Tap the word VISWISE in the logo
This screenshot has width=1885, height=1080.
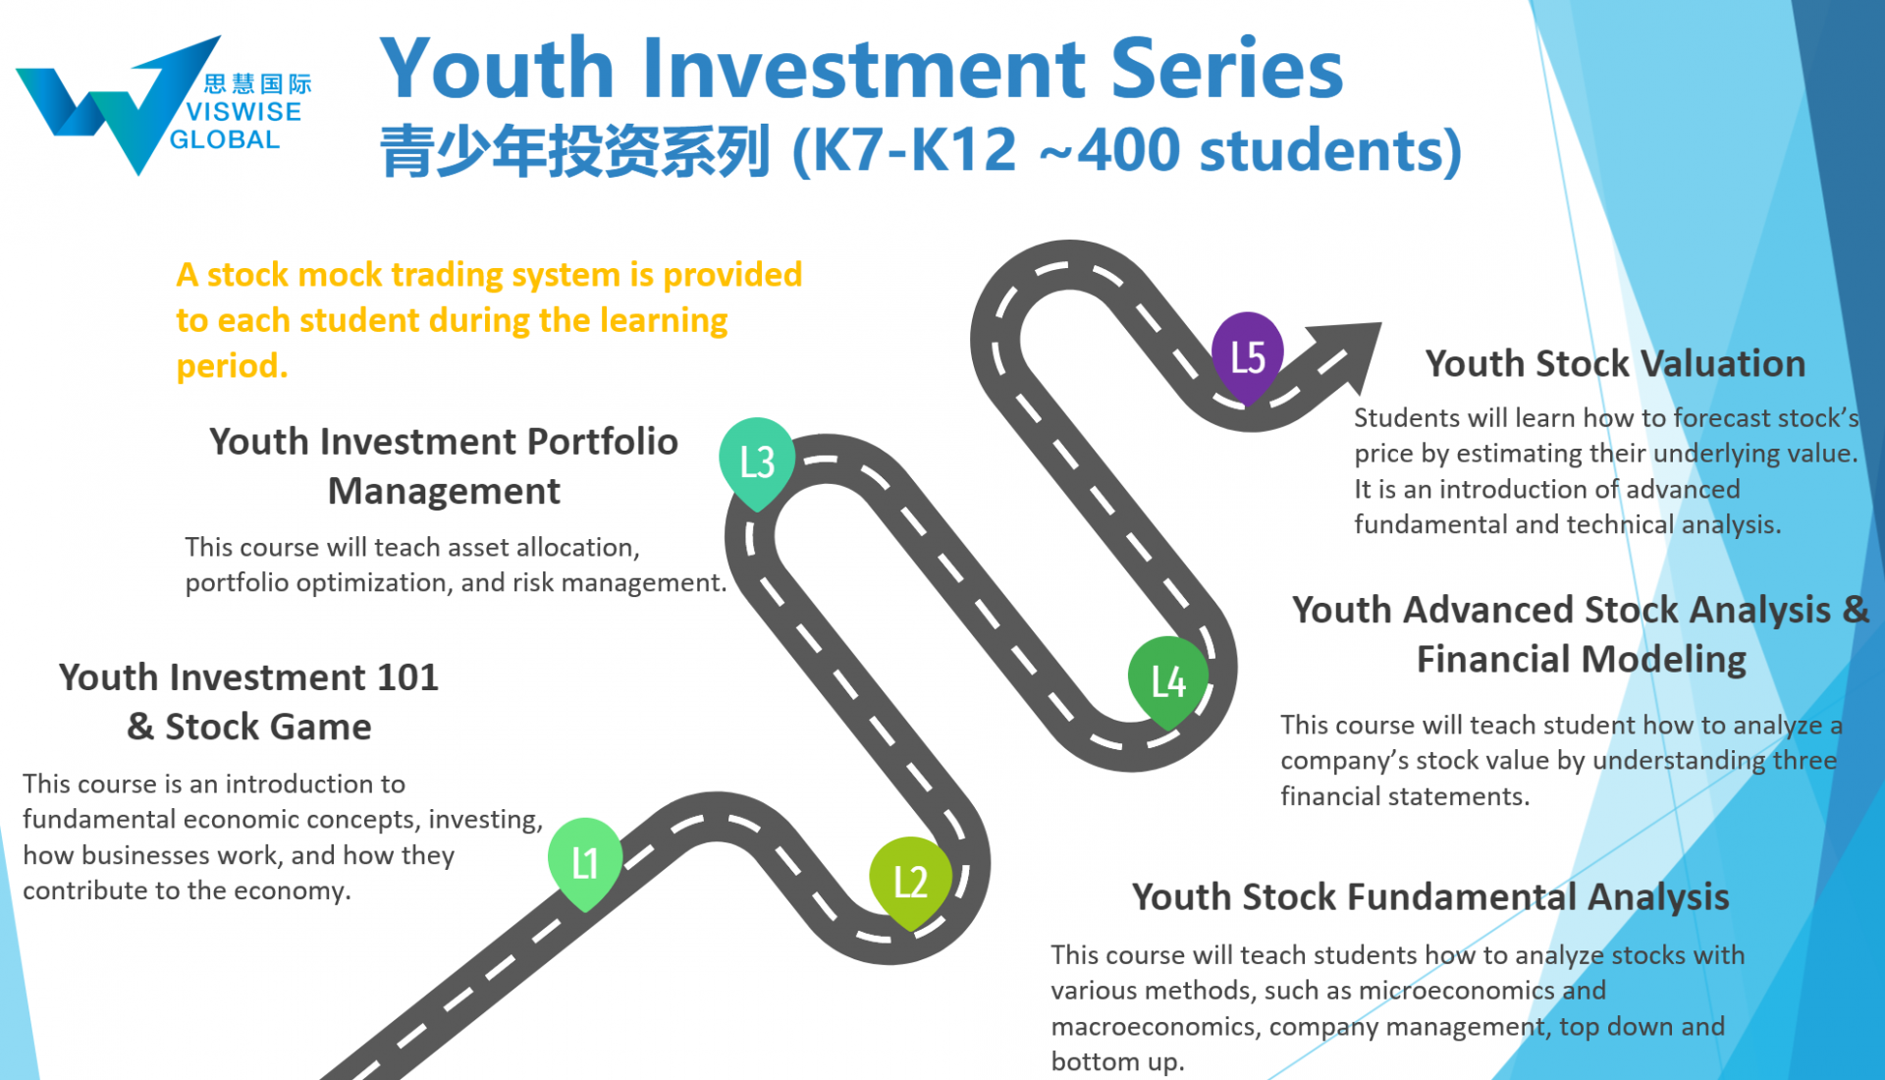click(243, 112)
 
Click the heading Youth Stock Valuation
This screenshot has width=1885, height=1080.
click(1615, 363)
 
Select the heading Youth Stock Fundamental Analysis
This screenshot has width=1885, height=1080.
click(1430, 896)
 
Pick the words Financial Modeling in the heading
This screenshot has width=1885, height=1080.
click(1582, 660)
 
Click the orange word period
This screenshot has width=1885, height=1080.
click(232, 366)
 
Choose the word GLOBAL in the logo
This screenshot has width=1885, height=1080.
click(225, 139)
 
